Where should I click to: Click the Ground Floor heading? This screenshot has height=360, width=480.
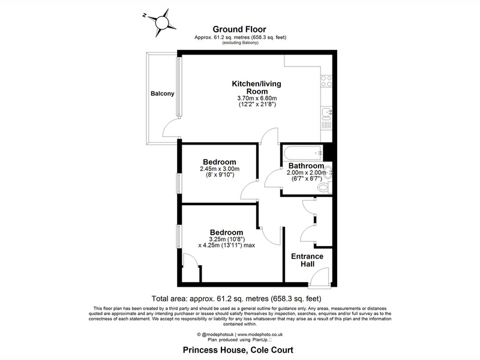click(x=239, y=29)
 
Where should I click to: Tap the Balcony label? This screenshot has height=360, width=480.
click(x=162, y=94)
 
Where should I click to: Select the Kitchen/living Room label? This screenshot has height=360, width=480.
click(x=257, y=88)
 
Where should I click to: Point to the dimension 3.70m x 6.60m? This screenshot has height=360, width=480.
click(x=257, y=98)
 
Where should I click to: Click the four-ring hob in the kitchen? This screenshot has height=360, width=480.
click(x=326, y=81)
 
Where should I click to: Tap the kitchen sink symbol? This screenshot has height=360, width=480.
click(x=326, y=113)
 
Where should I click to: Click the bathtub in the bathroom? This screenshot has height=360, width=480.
click(x=303, y=153)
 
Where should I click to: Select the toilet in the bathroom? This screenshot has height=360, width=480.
click(x=325, y=187)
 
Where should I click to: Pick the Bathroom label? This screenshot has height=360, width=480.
click(x=306, y=166)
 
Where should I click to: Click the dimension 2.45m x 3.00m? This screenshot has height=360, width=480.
click(x=220, y=169)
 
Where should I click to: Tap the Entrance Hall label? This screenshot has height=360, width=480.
click(x=307, y=260)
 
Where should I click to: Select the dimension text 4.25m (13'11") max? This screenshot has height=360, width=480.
click(x=227, y=245)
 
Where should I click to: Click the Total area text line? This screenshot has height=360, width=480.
click(x=236, y=298)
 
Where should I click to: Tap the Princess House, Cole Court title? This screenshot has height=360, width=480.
click(x=238, y=350)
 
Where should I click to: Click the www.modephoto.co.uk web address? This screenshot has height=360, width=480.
click(x=260, y=335)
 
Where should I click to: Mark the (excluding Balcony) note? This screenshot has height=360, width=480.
click(x=241, y=43)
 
